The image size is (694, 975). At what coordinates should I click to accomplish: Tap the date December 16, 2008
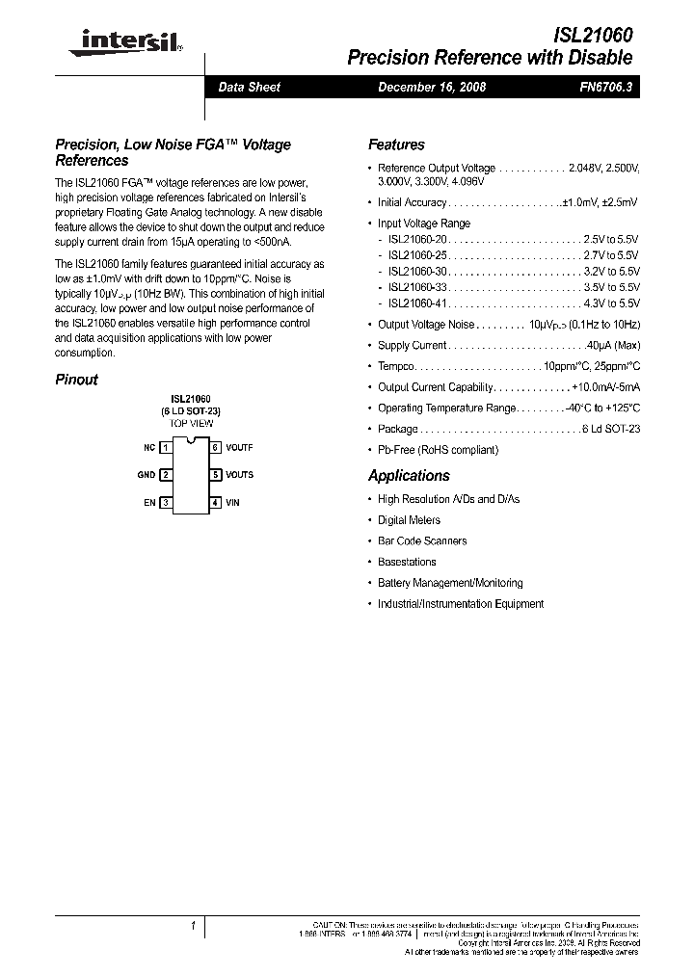[431, 87]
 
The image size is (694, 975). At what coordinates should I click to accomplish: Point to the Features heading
[396, 145]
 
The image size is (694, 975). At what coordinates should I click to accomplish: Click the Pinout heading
[76, 380]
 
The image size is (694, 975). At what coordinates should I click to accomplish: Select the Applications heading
[409, 476]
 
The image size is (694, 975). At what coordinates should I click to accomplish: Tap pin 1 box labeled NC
[166, 448]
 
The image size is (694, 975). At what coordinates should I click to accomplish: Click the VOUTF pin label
[239, 448]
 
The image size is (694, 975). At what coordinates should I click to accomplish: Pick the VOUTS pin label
[239, 475]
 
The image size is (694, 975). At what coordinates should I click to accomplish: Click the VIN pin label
[232, 503]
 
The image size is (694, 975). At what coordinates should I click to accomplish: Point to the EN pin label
[149, 503]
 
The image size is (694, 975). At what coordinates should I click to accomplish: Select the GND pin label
[146, 475]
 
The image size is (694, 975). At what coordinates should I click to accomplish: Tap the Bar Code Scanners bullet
[422, 541]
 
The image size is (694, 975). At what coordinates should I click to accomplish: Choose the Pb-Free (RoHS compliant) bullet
[438, 450]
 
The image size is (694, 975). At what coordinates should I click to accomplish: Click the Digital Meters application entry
[409, 520]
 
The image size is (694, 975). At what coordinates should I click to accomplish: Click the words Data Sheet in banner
[250, 87]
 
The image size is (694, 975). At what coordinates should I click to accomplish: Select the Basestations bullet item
[407, 562]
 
